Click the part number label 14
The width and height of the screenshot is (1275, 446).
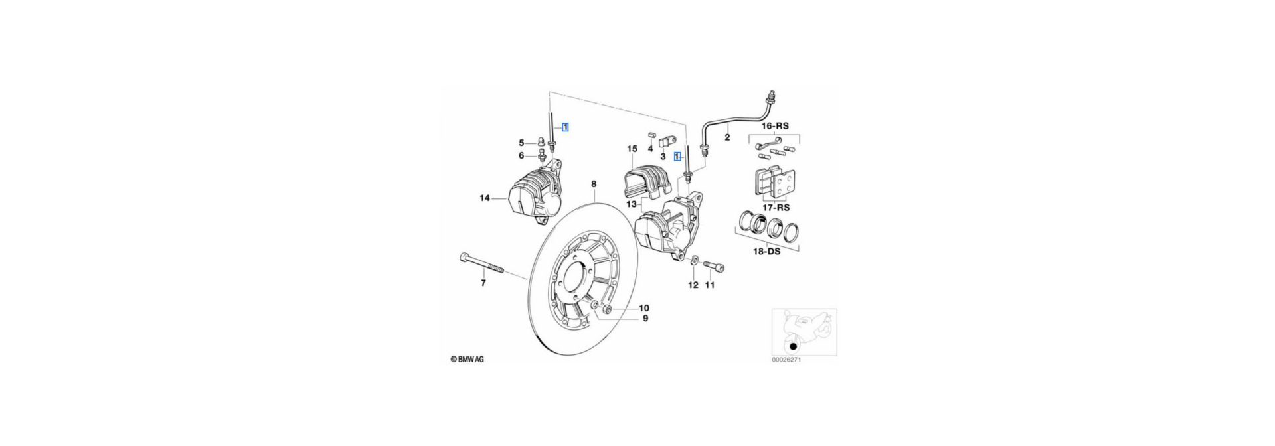click(x=485, y=198)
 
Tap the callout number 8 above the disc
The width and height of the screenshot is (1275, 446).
click(x=594, y=183)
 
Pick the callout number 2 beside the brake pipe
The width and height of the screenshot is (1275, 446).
click(x=726, y=138)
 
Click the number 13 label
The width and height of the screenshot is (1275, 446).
click(x=631, y=204)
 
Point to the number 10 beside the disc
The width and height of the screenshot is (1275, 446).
click(x=643, y=308)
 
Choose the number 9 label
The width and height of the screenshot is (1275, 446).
click(x=643, y=319)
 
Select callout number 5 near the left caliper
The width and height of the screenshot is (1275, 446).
click(x=522, y=143)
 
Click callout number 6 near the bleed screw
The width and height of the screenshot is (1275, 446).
click(x=522, y=155)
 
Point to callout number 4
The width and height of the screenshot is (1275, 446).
click(x=650, y=148)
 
